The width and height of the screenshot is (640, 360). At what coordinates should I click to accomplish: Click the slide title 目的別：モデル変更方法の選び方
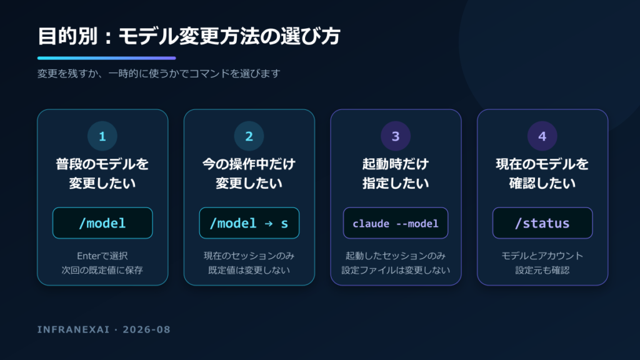pyautogui.click(x=189, y=36)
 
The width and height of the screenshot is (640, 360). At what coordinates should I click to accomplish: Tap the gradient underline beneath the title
pyautogui.click(x=106, y=58)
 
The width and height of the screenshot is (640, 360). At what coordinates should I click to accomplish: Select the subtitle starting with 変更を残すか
pyautogui.click(x=159, y=74)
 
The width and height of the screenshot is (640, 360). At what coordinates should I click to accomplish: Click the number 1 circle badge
pyautogui.click(x=102, y=136)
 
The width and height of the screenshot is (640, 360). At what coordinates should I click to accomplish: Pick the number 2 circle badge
pyautogui.click(x=249, y=136)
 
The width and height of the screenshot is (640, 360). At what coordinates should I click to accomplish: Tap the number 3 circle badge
pyautogui.click(x=396, y=136)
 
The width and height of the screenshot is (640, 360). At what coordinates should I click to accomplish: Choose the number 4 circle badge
pyautogui.click(x=542, y=136)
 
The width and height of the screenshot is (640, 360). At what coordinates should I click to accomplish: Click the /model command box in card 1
pyautogui.click(x=102, y=223)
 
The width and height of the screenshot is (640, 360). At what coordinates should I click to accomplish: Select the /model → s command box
pyautogui.click(x=249, y=223)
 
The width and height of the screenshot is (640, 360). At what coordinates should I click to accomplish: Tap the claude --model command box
pyautogui.click(x=396, y=223)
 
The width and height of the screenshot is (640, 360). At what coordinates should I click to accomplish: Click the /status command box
pyautogui.click(x=542, y=223)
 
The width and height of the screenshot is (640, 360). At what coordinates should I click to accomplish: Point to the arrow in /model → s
pyautogui.click(x=269, y=224)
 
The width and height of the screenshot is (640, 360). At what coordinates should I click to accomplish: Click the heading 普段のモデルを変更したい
pyautogui.click(x=102, y=174)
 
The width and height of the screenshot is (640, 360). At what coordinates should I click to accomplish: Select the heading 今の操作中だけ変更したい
pyautogui.click(x=249, y=174)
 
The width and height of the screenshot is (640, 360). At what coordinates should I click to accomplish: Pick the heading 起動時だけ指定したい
pyautogui.click(x=396, y=174)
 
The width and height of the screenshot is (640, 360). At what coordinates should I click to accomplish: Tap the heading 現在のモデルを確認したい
pyautogui.click(x=542, y=174)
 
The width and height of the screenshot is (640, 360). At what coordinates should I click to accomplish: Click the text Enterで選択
pyautogui.click(x=102, y=256)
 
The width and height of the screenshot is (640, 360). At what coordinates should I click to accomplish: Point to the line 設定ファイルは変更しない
pyautogui.click(x=396, y=270)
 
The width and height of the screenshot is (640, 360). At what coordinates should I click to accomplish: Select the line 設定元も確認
pyautogui.click(x=542, y=270)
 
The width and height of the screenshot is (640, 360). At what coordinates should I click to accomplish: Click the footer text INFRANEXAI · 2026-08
pyautogui.click(x=104, y=329)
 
